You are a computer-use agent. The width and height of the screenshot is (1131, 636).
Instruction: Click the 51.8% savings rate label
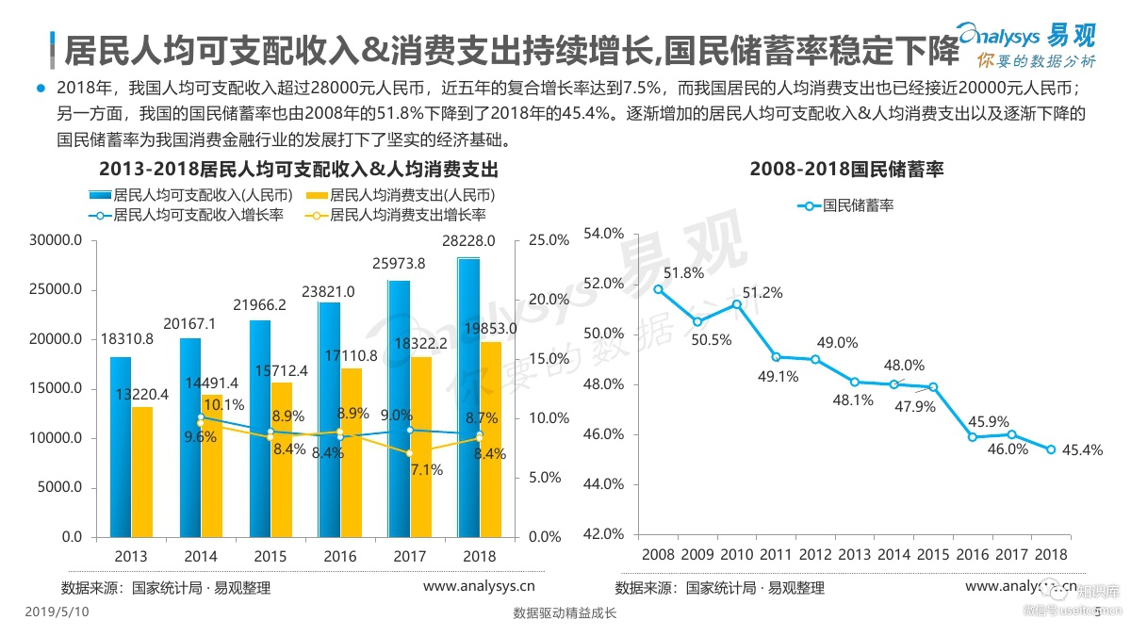pyautogui.click(x=683, y=273)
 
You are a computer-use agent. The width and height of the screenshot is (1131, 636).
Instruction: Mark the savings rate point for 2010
pyautogui.click(x=736, y=303)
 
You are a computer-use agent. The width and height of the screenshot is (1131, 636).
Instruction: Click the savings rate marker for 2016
pyautogui.click(x=973, y=436)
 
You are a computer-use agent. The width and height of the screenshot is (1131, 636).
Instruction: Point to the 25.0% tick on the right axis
pyautogui.click(x=550, y=240)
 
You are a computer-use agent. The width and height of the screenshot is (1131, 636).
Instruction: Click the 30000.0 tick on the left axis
pyautogui.click(x=57, y=240)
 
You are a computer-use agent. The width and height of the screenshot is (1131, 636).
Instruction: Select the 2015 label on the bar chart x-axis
pyautogui.click(x=270, y=557)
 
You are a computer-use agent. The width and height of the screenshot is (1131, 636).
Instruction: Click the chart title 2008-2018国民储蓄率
pyautogui.click(x=846, y=171)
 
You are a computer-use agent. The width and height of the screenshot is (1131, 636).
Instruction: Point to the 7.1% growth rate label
pyautogui.click(x=427, y=469)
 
